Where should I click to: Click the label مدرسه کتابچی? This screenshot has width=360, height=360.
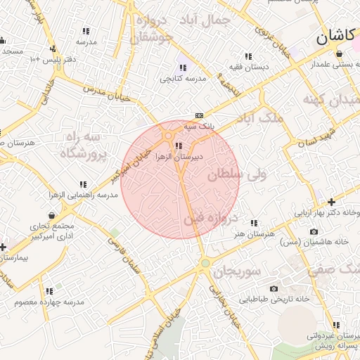point(183,79)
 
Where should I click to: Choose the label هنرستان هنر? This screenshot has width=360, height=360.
point(253,233)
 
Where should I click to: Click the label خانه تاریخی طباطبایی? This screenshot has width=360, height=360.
point(274,300)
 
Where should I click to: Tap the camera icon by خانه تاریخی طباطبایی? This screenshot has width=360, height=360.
point(274,288)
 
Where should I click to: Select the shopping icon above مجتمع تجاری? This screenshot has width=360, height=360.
point(53,215)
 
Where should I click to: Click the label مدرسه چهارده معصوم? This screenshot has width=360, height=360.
point(49,302)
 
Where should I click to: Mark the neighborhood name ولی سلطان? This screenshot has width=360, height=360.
point(235,174)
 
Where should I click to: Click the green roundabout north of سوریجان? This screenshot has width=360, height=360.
point(205,264)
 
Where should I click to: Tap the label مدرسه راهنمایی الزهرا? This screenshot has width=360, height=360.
point(77,194)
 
